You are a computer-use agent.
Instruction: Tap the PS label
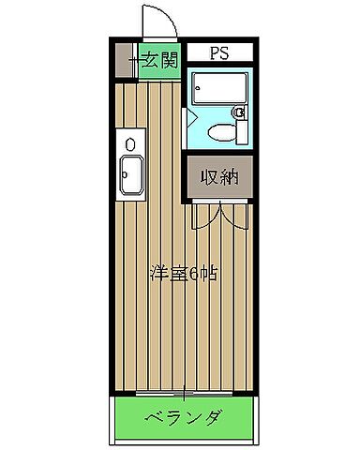coord(217,52)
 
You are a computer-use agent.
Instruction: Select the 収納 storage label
coord(217,175)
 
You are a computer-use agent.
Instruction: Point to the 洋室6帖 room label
coord(183,275)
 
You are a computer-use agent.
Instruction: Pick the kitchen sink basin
coord(130,174)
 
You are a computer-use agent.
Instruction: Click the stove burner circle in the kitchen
coord(130,142)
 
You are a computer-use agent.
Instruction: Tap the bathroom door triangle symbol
coord(187,120)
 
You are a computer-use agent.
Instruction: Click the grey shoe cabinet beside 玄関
coord(125,62)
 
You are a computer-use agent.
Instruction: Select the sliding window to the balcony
coord(183,390)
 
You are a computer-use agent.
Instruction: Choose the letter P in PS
coord(212,52)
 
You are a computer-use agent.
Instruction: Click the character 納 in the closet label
coord(227,175)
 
